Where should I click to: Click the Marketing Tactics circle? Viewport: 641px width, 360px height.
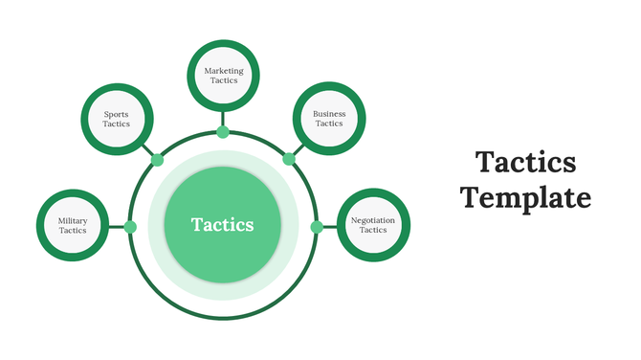click(x=223, y=75)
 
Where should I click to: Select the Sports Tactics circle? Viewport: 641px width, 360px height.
click(x=116, y=119)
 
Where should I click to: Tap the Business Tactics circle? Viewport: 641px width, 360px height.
click(x=329, y=118)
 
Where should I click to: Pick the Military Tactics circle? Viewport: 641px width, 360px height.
click(x=72, y=226)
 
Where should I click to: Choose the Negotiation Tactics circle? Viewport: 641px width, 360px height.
click(x=373, y=226)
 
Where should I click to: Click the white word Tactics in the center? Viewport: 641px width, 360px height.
click(x=223, y=225)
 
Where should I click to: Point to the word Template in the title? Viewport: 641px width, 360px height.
click(x=525, y=197)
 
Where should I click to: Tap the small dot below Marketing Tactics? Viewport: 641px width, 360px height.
click(x=223, y=132)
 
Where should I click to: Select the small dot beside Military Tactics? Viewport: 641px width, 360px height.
click(x=131, y=227)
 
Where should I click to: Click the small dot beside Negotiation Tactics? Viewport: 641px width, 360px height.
click(x=316, y=227)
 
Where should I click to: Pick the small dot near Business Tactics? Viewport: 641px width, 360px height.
click(x=287, y=161)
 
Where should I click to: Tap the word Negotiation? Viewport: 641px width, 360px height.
click(x=373, y=220)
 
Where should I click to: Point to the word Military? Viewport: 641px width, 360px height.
click(x=73, y=220)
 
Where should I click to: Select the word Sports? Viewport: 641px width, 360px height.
click(x=116, y=114)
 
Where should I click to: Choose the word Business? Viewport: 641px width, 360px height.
click(x=329, y=113)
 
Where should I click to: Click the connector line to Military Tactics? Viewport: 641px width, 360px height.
click(x=118, y=227)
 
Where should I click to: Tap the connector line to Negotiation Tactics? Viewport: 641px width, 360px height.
click(x=329, y=227)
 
